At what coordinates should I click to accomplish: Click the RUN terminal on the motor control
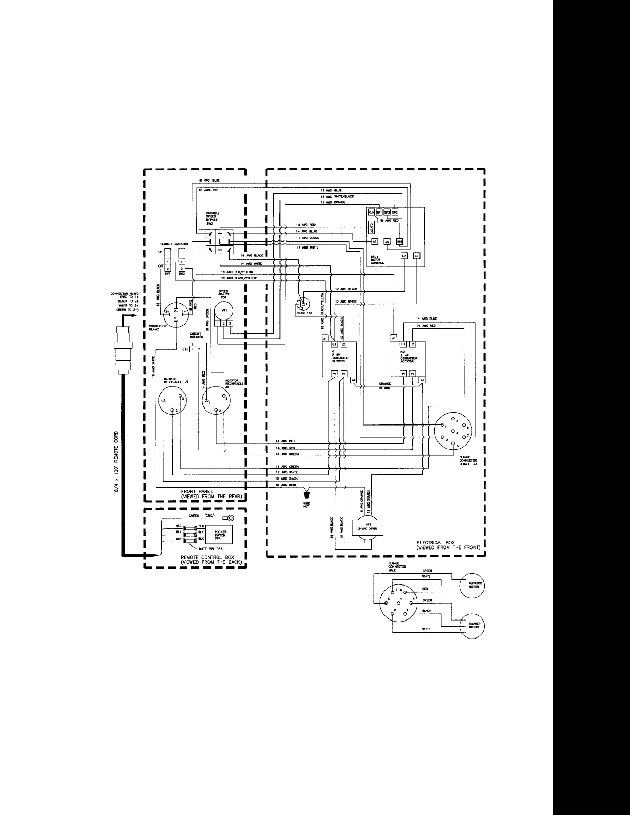(x=371, y=212)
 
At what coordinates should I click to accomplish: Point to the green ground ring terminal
(x=231, y=518)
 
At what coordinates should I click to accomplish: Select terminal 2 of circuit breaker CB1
(x=199, y=349)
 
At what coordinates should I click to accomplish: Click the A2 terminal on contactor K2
(x=422, y=380)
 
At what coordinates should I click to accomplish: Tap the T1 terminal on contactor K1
(x=335, y=374)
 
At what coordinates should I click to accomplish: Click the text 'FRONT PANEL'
(x=194, y=492)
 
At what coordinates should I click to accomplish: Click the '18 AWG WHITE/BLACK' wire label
(x=337, y=197)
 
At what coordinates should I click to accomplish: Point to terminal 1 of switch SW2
(x=181, y=262)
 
